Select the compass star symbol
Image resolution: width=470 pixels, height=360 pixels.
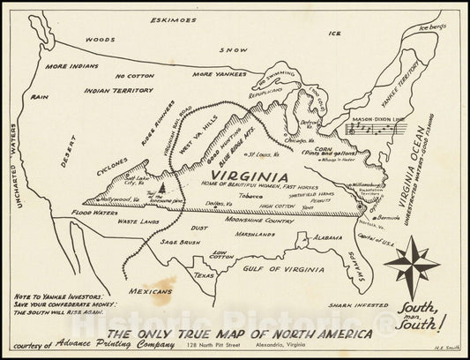412,266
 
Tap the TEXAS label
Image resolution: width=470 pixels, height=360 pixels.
205,275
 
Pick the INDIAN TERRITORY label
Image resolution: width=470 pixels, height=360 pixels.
118,90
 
